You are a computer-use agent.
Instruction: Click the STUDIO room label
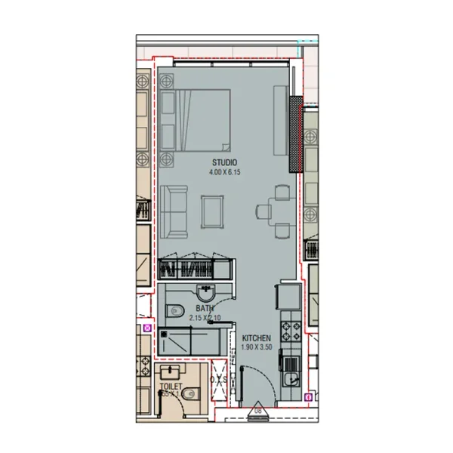click(x=224, y=162)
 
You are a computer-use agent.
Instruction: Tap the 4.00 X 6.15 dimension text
click(x=224, y=172)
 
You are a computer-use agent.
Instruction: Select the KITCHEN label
click(x=256, y=337)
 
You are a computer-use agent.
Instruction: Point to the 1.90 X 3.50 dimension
click(x=256, y=347)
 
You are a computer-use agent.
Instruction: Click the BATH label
click(x=204, y=308)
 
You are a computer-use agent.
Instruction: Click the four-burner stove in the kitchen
click(x=291, y=330)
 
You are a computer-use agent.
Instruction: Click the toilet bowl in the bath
click(x=174, y=309)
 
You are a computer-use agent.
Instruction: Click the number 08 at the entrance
click(x=257, y=411)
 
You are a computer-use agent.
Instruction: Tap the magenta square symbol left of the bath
click(x=147, y=328)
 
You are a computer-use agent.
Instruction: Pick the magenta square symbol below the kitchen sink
click(x=308, y=396)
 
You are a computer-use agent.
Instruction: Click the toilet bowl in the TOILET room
click(x=190, y=392)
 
